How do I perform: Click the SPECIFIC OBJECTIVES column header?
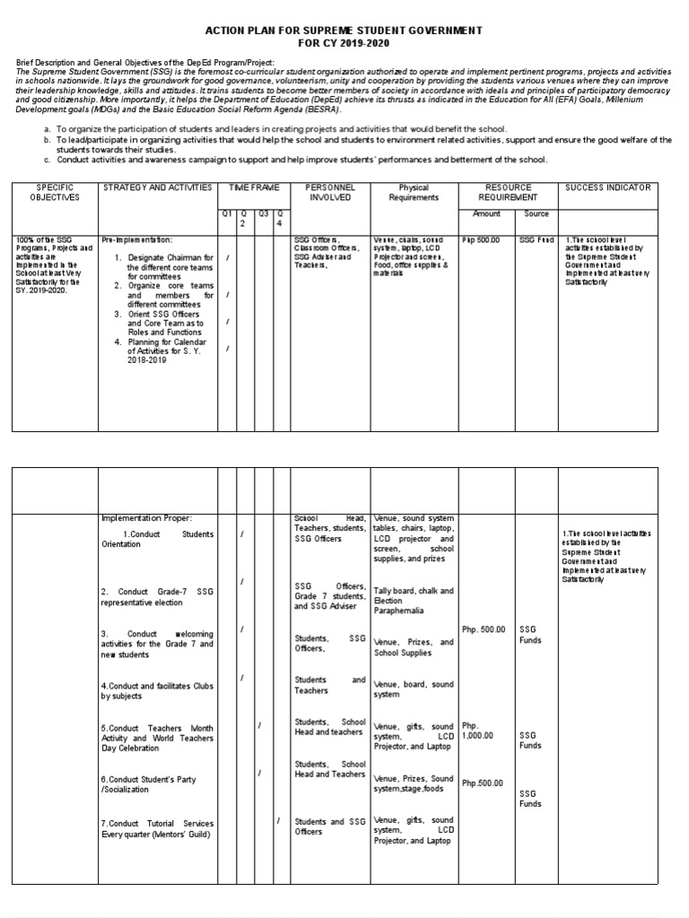pyautogui.click(x=54, y=192)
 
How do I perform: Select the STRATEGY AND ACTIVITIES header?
pyautogui.click(x=157, y=187)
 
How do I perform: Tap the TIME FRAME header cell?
pyautogui.click(x=254, y=187)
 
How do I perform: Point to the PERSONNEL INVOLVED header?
pyautogui.click(x=329, y=192)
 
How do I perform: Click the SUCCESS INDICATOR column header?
pyautogui.click(x=608, y=187)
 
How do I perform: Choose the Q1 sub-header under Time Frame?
pyautogui.click(x=227, y=212)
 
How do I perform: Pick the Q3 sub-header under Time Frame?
pyautogui.click(x=264, y=212)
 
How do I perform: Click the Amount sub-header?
pyautogui.click(x=485, y=214)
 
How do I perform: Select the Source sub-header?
pyautogui.click(x=536, y=214)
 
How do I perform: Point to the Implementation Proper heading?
pyautogui.click(x=146, y=517)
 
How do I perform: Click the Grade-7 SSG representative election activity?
pyautogui.click(x=157, y=597)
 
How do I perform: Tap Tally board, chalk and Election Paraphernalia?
pyautogui.click(x=414, y=602)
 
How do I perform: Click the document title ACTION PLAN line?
pyautogui.click(x=345, y=30)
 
